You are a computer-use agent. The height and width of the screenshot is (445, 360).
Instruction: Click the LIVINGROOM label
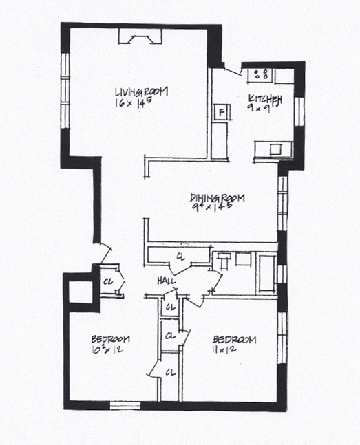[142, 91]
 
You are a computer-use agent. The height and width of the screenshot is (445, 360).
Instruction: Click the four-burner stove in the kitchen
[262, 74]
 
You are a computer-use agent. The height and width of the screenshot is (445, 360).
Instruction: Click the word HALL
[165, 281]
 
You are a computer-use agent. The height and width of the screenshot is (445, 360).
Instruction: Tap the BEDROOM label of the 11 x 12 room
[234, 340]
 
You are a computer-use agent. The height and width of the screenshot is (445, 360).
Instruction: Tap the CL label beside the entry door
[109, 281]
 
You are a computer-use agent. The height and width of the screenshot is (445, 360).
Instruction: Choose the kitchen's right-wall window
[299, 110]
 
